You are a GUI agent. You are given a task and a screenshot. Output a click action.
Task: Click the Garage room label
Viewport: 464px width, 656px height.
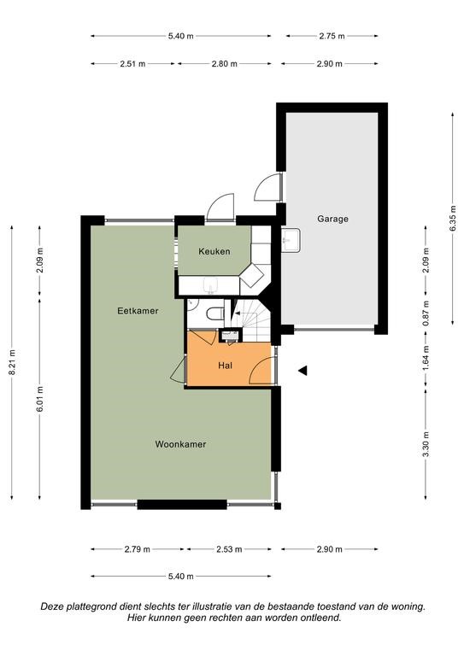pos(332,219)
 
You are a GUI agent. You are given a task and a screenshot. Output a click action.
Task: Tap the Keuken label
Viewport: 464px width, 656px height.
pos(214,251)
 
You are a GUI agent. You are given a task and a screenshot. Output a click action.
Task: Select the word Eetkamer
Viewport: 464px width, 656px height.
pos(138,311)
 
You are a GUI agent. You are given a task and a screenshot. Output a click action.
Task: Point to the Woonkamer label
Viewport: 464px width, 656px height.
pos(180,444)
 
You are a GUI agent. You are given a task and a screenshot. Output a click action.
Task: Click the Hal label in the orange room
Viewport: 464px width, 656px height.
pos(225,366)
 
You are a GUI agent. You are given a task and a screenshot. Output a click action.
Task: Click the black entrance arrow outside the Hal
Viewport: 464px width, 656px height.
pos(302,370)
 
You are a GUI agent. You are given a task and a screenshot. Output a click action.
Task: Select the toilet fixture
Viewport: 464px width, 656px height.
pos(215,313)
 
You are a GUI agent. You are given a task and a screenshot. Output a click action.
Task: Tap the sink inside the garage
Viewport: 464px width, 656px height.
pos(291,240)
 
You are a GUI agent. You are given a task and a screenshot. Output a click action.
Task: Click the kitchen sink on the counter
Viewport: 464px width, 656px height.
pos(210,286)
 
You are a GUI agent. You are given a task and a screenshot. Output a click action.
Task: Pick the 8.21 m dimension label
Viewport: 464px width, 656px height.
pos(12,362)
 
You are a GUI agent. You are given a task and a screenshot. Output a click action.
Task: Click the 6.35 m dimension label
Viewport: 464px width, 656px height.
pos(453,219)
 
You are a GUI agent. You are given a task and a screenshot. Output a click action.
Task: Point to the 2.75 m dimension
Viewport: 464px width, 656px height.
pos(332,36)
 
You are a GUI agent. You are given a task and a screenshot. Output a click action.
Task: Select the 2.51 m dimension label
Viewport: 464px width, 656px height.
pos(132,64)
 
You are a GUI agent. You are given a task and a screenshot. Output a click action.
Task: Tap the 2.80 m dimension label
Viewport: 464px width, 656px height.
pos(224,64)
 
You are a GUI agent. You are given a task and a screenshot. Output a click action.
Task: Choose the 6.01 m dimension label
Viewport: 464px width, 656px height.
pos(40,399)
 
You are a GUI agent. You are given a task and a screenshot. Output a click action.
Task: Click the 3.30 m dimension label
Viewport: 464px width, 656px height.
pos(426,444)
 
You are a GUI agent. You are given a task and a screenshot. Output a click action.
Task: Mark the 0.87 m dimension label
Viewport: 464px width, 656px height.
pos(426,313)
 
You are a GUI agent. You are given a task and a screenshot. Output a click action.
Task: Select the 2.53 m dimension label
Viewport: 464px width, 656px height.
pos(229,549)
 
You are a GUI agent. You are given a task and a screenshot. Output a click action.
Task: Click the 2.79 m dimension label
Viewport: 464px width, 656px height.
pos(137,549)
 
